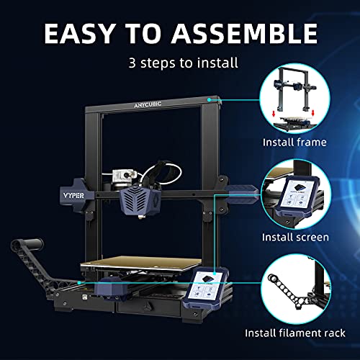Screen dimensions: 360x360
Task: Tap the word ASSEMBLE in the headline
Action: click(245, 34)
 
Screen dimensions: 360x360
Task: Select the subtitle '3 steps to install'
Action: click(184, 63)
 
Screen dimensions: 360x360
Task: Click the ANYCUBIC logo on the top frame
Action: click(148, 105)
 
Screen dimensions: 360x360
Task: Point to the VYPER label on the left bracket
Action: click(73, 196)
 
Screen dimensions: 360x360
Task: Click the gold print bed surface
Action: click(141, 264)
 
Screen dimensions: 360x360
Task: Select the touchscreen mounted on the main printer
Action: click(207, 289)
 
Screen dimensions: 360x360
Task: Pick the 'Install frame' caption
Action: click(294, 143)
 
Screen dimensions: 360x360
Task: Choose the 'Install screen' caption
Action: click(295, 238)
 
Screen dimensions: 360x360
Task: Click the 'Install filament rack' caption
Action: click(295, 333)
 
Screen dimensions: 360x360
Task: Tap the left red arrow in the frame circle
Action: click(274, 114)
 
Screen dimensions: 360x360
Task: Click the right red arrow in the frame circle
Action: click(312, 113)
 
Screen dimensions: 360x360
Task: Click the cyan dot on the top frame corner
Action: click(210, 99)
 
